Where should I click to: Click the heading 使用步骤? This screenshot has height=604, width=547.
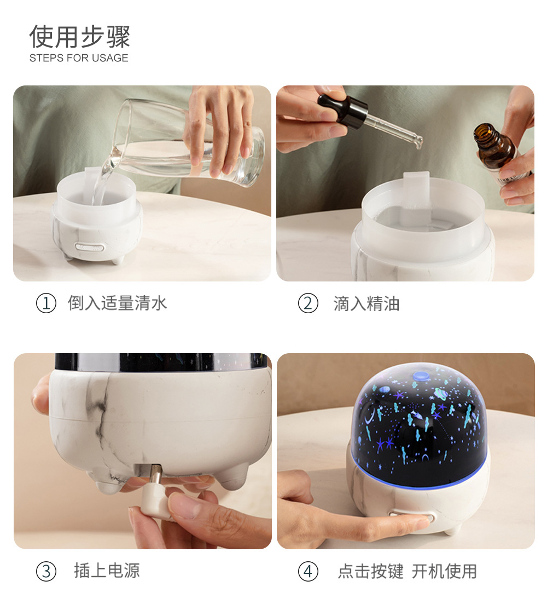(x=80, y=37)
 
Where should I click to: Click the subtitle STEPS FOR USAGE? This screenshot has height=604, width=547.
(x=79, y=58)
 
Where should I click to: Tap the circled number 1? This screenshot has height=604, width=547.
(x=46, y=303)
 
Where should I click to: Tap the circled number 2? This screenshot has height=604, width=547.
(x=308, y=303)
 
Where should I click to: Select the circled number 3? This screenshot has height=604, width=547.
(x=46, y=571)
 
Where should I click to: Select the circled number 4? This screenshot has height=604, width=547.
(x=308, y=571)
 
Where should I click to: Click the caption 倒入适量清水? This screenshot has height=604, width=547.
(x=117, y=303)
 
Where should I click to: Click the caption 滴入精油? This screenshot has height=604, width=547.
(x=366, y=303)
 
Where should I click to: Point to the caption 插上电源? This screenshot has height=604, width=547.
(x=107, y=571)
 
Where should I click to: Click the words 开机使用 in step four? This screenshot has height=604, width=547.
(x=444, y=571)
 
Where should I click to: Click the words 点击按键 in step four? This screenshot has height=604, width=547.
(x=370, y=571)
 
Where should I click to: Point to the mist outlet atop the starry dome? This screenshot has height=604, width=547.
(x=421, y=376)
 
